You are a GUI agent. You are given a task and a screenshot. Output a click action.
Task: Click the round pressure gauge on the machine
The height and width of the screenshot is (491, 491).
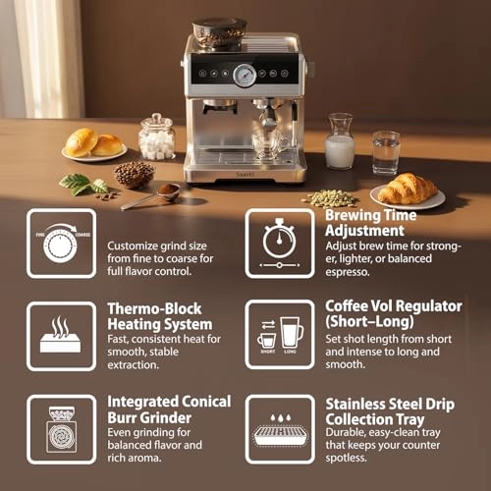click(245, 76)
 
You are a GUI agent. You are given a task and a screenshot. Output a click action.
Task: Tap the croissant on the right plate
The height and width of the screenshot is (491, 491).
click(408, 189)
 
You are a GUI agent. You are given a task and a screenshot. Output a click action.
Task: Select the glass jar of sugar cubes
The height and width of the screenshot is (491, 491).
click(157, 136)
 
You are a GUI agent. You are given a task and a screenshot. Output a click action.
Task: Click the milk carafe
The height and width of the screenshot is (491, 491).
click(340, 141)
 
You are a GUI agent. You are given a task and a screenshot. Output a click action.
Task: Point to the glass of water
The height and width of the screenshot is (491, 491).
click(386, 153)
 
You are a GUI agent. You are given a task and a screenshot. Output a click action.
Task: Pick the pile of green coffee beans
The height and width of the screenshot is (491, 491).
click(330, 198)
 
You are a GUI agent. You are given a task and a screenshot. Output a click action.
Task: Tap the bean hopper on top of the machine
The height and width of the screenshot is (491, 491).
click(219, 32)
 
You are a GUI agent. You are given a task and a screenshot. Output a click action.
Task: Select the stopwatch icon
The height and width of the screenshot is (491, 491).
click(279, 244)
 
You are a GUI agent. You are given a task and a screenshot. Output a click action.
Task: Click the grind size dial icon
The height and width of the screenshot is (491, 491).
click(61, 244)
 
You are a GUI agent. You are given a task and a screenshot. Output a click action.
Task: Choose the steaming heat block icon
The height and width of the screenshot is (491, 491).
click(61, 335)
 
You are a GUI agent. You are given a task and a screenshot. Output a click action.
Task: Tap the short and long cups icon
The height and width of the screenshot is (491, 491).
click(281, 335)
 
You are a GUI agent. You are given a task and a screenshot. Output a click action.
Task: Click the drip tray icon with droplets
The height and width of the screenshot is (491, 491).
click(281, 430)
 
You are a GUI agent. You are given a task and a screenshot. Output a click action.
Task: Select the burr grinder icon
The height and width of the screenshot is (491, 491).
click(62, 429)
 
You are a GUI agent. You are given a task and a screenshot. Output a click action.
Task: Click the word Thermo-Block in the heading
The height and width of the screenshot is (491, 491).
click(154, 308)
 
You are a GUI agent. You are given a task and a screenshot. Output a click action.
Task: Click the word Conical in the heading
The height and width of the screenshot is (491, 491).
click(206, 402)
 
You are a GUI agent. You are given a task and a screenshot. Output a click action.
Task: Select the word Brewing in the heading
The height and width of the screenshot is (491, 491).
click(352, 217)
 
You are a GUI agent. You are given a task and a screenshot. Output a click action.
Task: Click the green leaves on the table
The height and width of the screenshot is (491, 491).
click(84, 184)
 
